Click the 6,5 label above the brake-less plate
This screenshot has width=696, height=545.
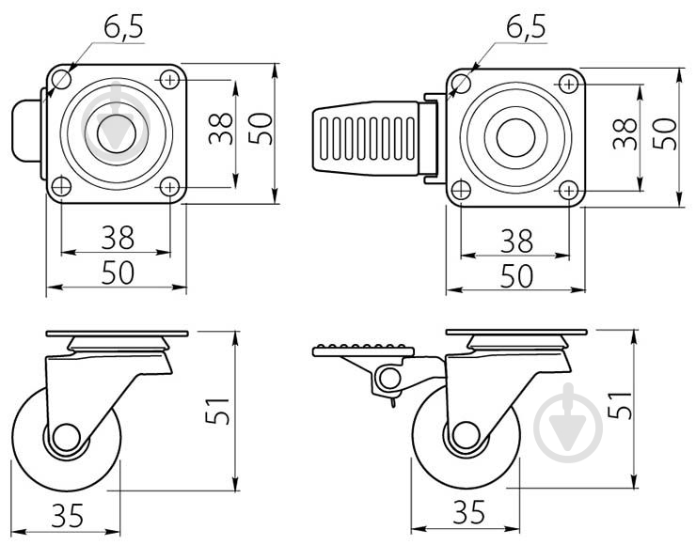(x=123, y=29)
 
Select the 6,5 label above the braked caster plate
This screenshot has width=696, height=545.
(x=525, y=29)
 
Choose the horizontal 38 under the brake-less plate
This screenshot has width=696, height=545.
(x=116, y=238)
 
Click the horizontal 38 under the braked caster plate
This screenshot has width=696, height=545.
(x=515, y=241)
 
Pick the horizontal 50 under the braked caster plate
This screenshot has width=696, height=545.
(x=515, y=276)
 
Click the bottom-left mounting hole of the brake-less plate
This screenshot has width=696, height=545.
(x=61, y=186)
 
